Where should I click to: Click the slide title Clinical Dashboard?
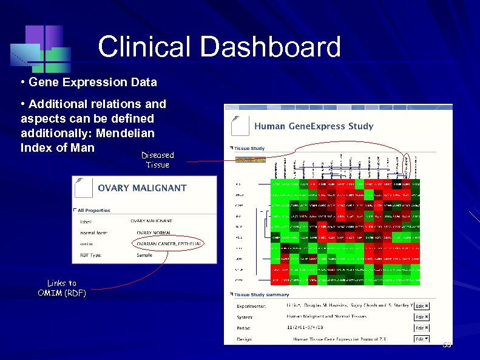(219, 47)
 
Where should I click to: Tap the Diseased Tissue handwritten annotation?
(157, 160)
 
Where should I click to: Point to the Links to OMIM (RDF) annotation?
(62, 288)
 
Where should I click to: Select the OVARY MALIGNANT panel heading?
(142, 188)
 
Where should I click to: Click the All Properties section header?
(93, 210)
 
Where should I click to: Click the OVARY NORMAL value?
(152, 233)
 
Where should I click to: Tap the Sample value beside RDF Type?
(144, 256)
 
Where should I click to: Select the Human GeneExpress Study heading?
(313, 126)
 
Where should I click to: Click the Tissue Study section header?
(249, 148)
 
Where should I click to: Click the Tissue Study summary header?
(261, 294)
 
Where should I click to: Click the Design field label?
(244, 339)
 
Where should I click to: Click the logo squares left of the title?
(39, 47)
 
